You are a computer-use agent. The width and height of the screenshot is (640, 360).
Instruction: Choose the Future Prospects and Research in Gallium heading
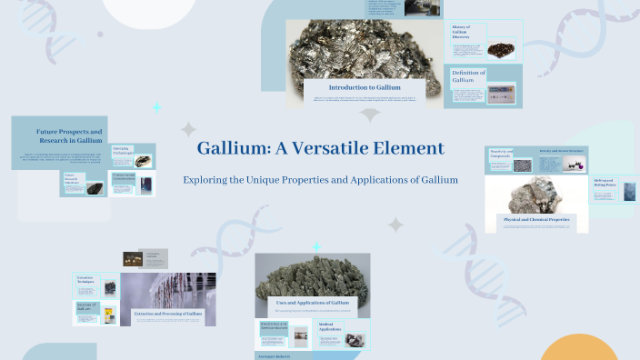[69, 137]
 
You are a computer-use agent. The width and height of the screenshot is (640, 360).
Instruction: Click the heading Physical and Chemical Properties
[536, 219]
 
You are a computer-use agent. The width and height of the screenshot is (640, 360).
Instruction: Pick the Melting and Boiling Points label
[605, 185]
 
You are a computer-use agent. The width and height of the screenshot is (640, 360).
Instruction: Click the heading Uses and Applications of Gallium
[313, 302]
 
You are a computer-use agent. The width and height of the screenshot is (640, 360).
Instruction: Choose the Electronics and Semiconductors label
[274, 325]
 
